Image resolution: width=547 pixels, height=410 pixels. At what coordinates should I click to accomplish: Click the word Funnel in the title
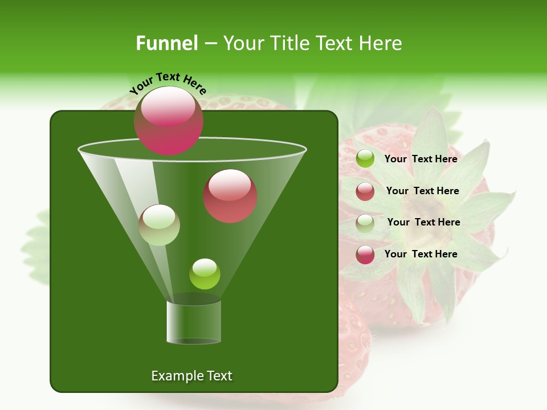coord(166,43)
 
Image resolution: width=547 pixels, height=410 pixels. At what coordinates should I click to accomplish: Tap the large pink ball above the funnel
coord(168,120)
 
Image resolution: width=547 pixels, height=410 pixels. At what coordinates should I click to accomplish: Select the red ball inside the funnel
coord(230,195)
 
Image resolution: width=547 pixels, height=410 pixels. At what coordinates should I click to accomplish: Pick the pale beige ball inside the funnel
coord(160,225)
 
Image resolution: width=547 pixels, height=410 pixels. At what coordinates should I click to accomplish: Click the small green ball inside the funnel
coord(205,274)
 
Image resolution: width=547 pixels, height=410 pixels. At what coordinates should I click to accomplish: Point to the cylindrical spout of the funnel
coord(194,322)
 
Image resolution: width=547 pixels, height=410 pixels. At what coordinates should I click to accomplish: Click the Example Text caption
coord(191,376)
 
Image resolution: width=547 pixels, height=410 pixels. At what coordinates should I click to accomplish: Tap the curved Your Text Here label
coord(168,83)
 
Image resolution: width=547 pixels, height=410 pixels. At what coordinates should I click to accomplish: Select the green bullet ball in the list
coord(365,159)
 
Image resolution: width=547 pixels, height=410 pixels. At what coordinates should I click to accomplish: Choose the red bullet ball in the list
coord(365,191)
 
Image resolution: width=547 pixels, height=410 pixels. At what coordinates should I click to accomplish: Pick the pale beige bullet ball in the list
coord(365,223)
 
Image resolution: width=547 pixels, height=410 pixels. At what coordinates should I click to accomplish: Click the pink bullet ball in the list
coord(365,255)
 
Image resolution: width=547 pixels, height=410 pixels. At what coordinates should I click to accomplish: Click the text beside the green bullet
coord(421,159)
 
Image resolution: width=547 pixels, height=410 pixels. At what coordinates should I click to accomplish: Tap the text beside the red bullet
coord(422,191)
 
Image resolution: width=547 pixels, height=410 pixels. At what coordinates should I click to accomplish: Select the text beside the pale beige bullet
coord(423,222)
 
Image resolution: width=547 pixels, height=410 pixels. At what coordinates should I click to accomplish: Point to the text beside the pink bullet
coord(421,254)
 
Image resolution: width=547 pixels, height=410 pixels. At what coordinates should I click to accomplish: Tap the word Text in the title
coord(337,43)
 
